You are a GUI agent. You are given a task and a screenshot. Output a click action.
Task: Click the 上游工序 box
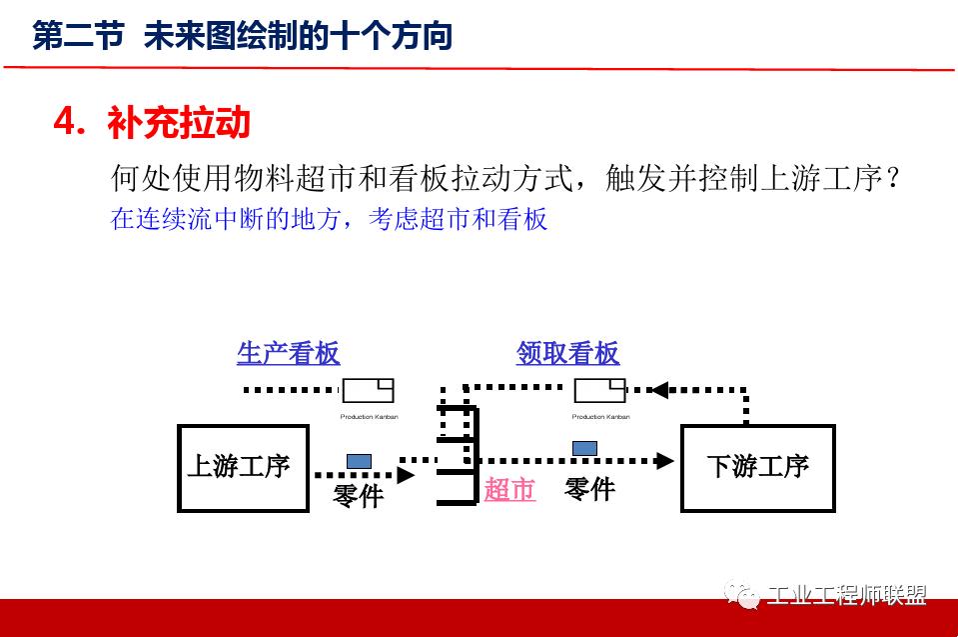click(243, 468)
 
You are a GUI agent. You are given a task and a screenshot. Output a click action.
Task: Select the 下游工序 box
click(757, 468)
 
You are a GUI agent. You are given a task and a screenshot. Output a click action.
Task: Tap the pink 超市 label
click(509, 490)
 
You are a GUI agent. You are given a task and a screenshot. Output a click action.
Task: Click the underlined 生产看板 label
click(288, 353)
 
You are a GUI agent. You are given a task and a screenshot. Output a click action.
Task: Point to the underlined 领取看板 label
click(567, 353)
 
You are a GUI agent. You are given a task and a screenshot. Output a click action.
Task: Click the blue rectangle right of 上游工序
click(359, 461)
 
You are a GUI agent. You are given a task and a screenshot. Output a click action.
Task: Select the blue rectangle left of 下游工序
click(584, 447)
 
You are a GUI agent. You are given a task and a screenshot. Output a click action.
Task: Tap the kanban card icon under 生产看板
click(368, 390)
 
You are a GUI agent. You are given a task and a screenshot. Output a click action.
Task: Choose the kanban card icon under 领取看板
click(599, 390)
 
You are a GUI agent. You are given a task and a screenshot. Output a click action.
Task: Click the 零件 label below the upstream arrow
click(358, 494)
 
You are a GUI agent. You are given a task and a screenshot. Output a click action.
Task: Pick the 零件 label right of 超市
click(589, 489)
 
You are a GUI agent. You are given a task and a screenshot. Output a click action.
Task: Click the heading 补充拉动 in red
click(178, 123)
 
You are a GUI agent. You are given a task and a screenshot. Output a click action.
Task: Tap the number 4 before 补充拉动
click(65, 123)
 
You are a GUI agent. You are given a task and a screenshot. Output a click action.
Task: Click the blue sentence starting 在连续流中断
click(329, 219)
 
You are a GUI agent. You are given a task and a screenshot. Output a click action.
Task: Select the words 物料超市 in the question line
click(281, 180)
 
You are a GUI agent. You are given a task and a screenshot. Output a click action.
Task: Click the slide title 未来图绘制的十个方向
click(298, 37)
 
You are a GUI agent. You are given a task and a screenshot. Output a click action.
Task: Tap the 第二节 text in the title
click(78, 37)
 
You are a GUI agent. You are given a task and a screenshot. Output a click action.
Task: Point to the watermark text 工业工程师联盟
click(847, 596)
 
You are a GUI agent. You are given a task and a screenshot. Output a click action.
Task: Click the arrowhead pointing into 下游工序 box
click(664, 461)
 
